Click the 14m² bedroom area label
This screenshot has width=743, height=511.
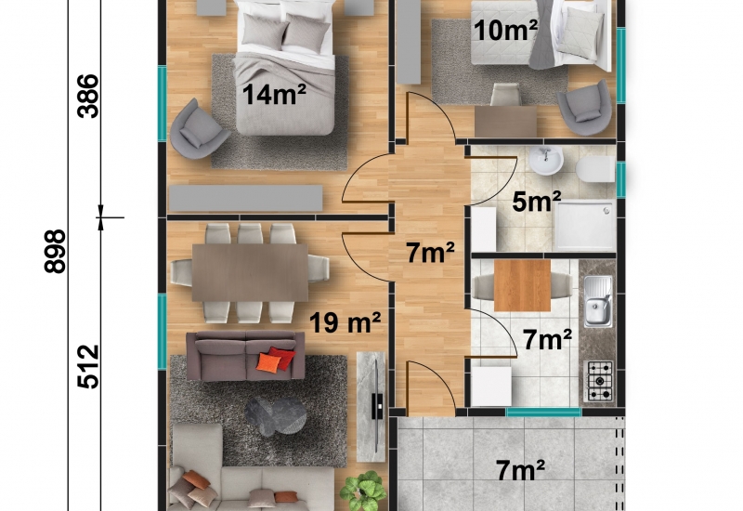[x=274, y=94]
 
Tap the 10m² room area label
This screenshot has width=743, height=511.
[x=505, y=31]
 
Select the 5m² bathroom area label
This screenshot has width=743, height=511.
[x=537, y=203]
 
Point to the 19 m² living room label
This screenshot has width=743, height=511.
[x=345, y=322]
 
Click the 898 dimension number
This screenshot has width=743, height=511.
[x=55, y=251]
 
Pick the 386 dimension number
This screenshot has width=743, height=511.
[x=88, y=97]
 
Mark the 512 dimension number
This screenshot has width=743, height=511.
[x=88, y=366]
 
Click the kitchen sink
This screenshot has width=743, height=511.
[x=597, y=302]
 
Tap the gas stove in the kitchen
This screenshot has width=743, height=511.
[x=600, y=382]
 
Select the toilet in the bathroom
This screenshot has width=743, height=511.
[x=595, y=170]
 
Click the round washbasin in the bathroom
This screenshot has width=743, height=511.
[x=546, y=160]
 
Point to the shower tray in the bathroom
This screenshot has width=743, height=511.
[x=585, y=225]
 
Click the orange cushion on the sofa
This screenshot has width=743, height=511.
[x=268, y=362]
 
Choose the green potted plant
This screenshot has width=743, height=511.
[x=363, y=491]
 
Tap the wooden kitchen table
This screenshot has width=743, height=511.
[x=522, y=285]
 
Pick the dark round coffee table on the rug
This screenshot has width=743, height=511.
[x=276, y=416]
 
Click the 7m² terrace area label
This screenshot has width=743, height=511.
[x=520, y=471]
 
